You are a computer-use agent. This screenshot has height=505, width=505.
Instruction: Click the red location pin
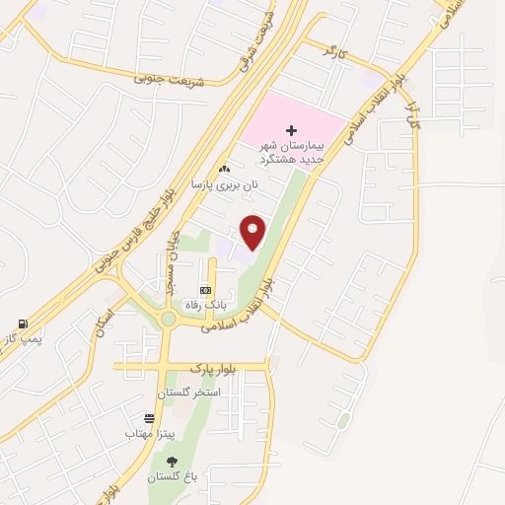pyautogui.click(x=253, y=233)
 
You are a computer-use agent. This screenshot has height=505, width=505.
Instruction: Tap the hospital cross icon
pyautogui.click(x=291, y=129)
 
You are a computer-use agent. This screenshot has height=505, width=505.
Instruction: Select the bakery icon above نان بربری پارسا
pyautogui.click(x=224, y=170)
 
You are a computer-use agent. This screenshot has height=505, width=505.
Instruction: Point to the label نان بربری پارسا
pyautogui.click(x=224, y=184)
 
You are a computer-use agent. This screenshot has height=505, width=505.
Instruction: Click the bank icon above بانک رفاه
pyautogui.click(x=205, y=290)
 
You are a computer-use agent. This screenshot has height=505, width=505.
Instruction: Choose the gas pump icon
pyautogui.click(x=22, y=324)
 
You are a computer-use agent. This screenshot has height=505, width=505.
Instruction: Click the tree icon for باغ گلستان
pyautogui.click(x=173, y=461)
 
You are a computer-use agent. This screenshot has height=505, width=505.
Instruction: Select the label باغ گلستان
pyautogui.click(x=173, y=476)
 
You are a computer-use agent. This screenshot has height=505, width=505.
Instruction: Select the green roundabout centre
pyautogui.click(x=169, y=318)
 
